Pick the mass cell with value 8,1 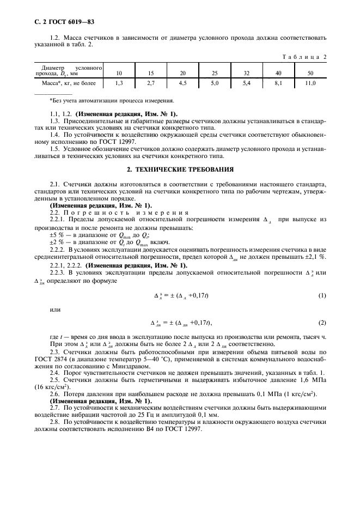point(278,83)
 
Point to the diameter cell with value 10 point(119,72)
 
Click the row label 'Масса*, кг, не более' point(68,83)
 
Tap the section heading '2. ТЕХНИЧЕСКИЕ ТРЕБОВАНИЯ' point(180,169)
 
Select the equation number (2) point(322,323)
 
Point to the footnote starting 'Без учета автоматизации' point(112,101)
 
